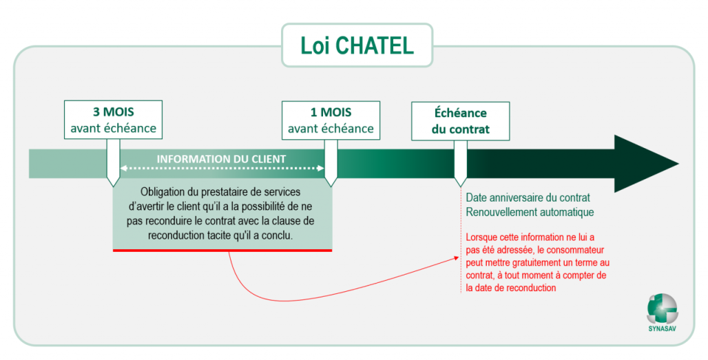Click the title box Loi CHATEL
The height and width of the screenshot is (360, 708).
click(357, 45)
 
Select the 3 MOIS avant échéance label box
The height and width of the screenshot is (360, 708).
click(114, 120)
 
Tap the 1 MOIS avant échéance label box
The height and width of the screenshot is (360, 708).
click(331, 120)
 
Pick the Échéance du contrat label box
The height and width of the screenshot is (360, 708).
click(460, 120)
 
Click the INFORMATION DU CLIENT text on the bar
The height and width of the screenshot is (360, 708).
click(221, 159)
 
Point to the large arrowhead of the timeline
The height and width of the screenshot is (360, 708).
click(644, 163)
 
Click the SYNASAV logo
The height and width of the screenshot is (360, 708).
click(662, 308)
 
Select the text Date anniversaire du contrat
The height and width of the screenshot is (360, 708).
click(528, 198)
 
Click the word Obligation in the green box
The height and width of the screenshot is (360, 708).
click(163, 192)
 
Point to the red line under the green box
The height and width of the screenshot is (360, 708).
click(222, 250)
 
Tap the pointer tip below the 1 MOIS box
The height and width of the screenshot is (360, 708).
click(331, 183)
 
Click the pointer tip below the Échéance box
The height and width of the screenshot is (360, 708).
click(460, 184)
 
